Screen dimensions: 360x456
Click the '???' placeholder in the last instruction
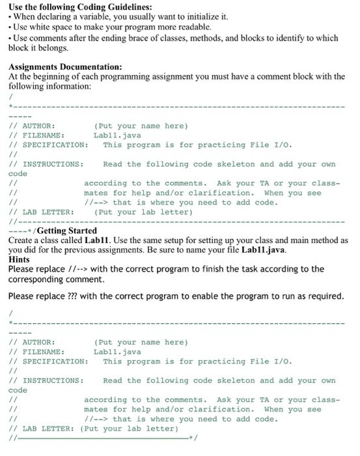66,296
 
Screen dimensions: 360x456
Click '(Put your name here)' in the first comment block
141,125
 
